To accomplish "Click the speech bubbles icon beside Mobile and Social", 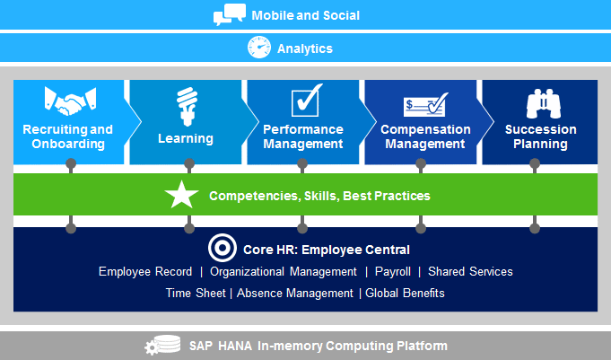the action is click(230, 14).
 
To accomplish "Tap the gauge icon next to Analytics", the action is click(259, 48).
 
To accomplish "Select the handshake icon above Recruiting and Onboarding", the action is click(71, 101).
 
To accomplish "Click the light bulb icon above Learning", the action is click(188, 107).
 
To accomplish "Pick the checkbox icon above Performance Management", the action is click(307, 101).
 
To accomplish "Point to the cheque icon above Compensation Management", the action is click(426, 104).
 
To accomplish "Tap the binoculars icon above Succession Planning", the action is click(544, 104).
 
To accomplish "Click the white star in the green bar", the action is click(181, 194).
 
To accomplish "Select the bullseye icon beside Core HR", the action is click(223, 248).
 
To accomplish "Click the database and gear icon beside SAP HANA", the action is click(162, 345).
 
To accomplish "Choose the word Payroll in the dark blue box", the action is click(393, 272).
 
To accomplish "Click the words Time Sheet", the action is click(196, 293).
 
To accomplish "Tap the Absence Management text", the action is click(295, 293).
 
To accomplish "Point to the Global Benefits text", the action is click(405, 293).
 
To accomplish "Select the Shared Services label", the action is click(470, 271).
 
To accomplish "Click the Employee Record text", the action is click(145, 272).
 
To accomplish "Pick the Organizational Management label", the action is click(284, 272).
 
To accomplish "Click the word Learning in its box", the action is click(186, 138).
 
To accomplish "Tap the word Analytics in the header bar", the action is click(305, 48).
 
